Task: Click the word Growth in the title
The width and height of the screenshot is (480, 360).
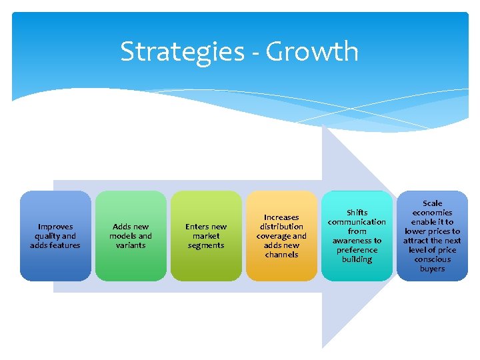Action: coord(313,52)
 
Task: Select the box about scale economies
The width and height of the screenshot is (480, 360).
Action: coord(432,236)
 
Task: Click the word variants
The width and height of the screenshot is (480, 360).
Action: coord(131,245)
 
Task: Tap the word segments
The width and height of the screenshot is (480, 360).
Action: coord(206,245)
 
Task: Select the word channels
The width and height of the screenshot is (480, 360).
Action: coord(281,255)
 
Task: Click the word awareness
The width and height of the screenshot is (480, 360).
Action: coord(357,241)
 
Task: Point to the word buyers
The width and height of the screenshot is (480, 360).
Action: coord(432,269)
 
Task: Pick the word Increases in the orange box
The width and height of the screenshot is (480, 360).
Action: coord(281,217)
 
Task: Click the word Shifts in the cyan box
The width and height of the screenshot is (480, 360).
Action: coord(357,213)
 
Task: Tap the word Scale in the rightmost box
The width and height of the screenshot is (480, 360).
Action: coord(432,203)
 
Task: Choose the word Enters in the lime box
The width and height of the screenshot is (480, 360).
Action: coord(198,227)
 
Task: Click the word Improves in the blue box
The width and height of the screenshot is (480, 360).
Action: coord(55,227)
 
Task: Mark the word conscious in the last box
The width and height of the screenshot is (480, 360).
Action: coord(432,259)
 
